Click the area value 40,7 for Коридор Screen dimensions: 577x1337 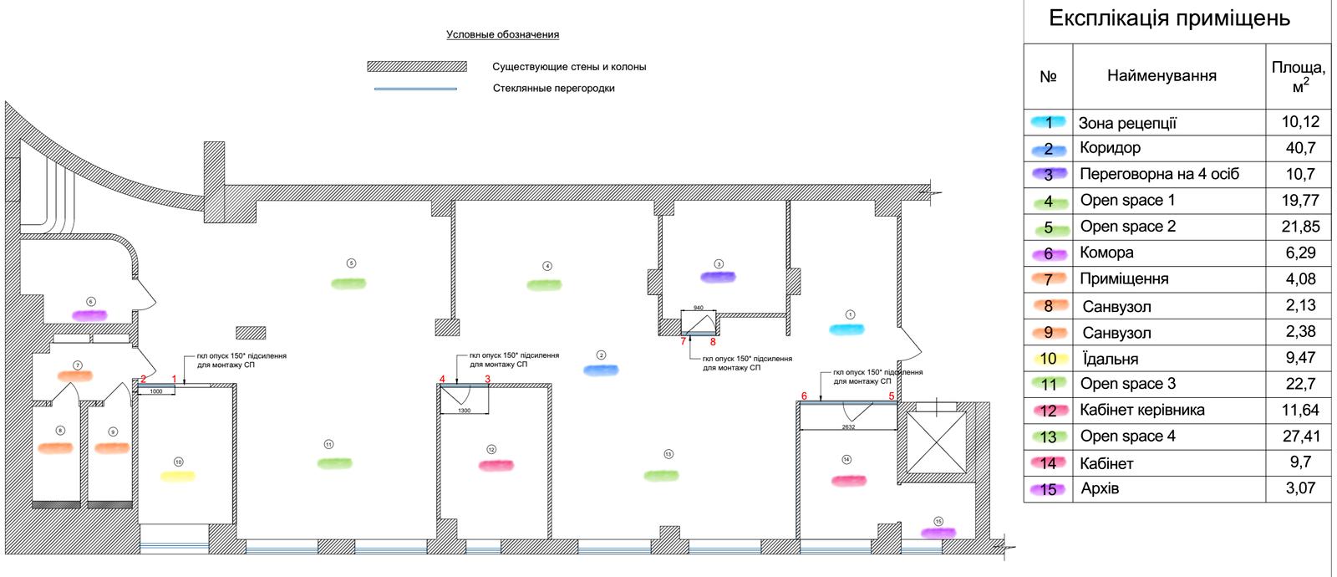(1299, 148)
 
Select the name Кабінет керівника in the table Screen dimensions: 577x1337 (1141, 411)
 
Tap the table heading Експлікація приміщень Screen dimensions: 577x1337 (1169, 18)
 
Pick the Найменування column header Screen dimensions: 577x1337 (1162, 76)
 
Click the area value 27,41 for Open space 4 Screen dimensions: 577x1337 (1299, 436)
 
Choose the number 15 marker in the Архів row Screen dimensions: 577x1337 (1049, 489)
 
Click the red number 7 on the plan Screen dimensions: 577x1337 (683, 341)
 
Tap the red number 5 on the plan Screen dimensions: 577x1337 (892, 396)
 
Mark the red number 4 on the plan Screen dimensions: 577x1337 (442, 380)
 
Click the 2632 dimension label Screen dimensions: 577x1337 (848, 427)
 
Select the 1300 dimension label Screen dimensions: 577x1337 (465, 411)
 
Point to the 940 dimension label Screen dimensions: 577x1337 (699, 309)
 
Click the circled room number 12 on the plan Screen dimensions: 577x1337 (491, 450)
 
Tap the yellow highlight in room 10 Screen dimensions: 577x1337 (177, 476)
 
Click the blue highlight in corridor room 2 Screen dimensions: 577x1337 (601, 369)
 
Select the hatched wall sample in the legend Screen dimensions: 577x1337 (416, 67)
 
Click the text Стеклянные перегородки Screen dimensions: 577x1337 (553, 89)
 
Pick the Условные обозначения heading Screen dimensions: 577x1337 (502, 35)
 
